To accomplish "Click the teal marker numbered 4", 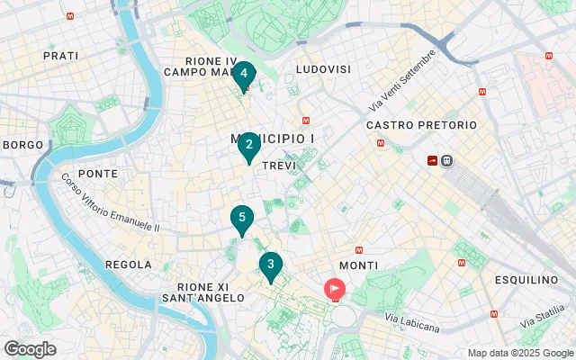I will pos(244,75).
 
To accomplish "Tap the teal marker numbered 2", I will pos(248,145).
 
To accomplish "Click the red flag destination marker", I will pos(334,289).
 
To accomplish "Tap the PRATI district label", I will pos(61,56).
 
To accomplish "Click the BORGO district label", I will pos(22,144).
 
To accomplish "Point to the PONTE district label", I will pos(98,173).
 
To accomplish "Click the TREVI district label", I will pos(278,166).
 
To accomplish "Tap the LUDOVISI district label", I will pos(323,69).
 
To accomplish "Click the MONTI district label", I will pos(359,265).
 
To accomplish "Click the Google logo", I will pos(30,348).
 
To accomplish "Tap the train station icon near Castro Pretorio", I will pos(447,160).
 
